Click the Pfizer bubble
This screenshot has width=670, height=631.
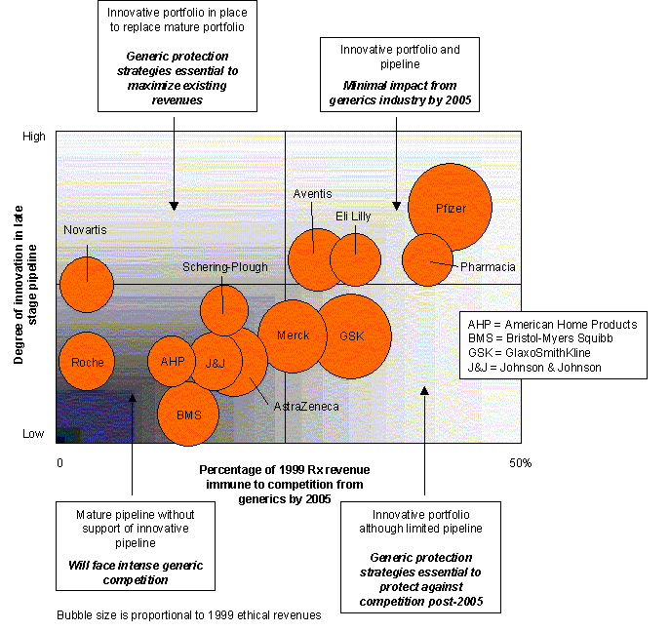click(x=450, y=208)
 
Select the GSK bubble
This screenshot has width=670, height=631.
click(x=351, y=335)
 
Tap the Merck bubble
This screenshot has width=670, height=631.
click(x=293, y=335)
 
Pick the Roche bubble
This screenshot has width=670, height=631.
click(x=87, y=362)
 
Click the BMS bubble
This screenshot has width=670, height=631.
click(x=188, y=414)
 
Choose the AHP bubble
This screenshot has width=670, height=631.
click(x=172, y=361)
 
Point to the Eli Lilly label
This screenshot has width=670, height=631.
click(x=353, y=216)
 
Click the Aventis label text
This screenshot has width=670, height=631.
click(x=312, y=194)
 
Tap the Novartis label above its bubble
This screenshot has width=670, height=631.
click(x=85, y=230)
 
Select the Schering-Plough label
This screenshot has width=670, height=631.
click(x=224, y=266)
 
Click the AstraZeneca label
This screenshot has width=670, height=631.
click(x=306, y=406)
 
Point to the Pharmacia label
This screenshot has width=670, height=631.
click(x=488, y=266)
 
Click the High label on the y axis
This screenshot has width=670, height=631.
click(x=33, y=138)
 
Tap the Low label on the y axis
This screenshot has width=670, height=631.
click(x=33, y=433)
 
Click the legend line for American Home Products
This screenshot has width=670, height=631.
click(x=552, y=324)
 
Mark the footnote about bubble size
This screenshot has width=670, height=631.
click(x=188, y=615)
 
